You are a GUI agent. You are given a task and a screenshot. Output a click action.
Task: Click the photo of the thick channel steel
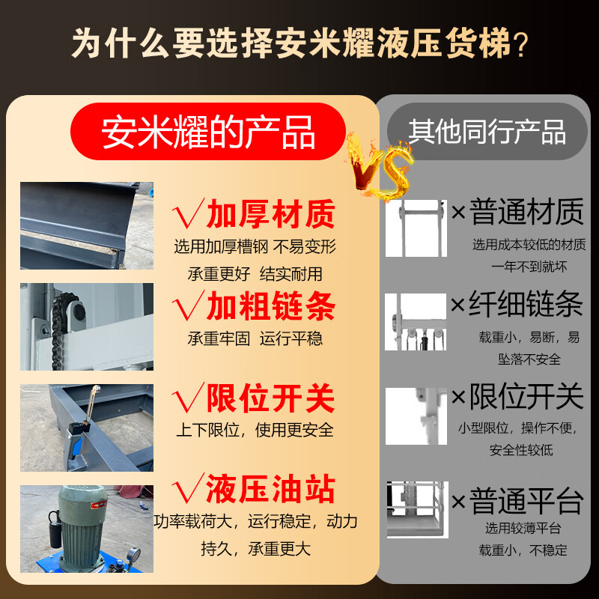(x=86, y=225)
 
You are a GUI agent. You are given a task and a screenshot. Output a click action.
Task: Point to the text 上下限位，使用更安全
(x=255, y=431)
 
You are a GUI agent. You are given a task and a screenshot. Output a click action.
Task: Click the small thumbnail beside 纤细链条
(x=416, y=322)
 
